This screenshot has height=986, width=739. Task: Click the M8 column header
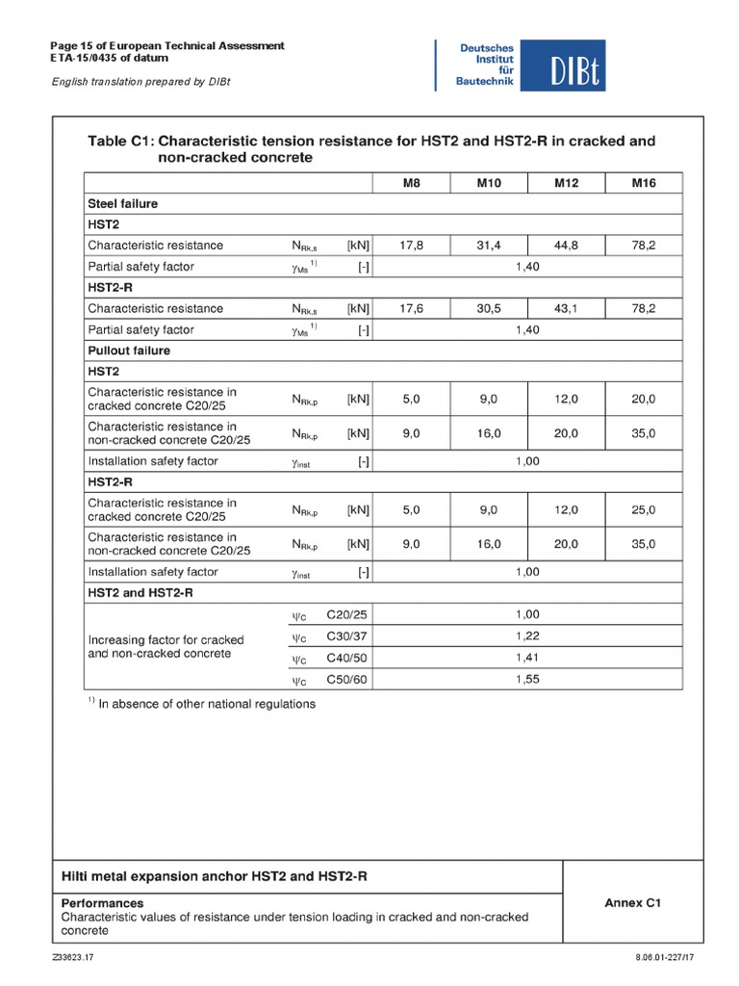412,183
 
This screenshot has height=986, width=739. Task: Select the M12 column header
566,183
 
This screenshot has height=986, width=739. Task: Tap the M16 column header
644,183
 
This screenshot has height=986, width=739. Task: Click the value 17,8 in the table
412,246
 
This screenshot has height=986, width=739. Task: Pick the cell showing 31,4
489,246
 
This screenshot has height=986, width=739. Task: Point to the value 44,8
566,246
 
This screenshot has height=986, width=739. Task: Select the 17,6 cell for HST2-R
412,309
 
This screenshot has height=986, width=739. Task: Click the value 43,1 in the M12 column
566,309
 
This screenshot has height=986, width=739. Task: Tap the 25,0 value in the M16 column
644,509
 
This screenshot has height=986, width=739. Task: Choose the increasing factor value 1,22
527,636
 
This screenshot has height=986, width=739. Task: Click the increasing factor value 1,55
527,680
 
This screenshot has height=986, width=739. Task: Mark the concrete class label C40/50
346,659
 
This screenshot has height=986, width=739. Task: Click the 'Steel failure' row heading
122,204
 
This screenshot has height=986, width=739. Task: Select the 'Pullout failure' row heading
129,350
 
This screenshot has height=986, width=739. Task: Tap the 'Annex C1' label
632,903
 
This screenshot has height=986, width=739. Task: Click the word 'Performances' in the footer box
102,903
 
